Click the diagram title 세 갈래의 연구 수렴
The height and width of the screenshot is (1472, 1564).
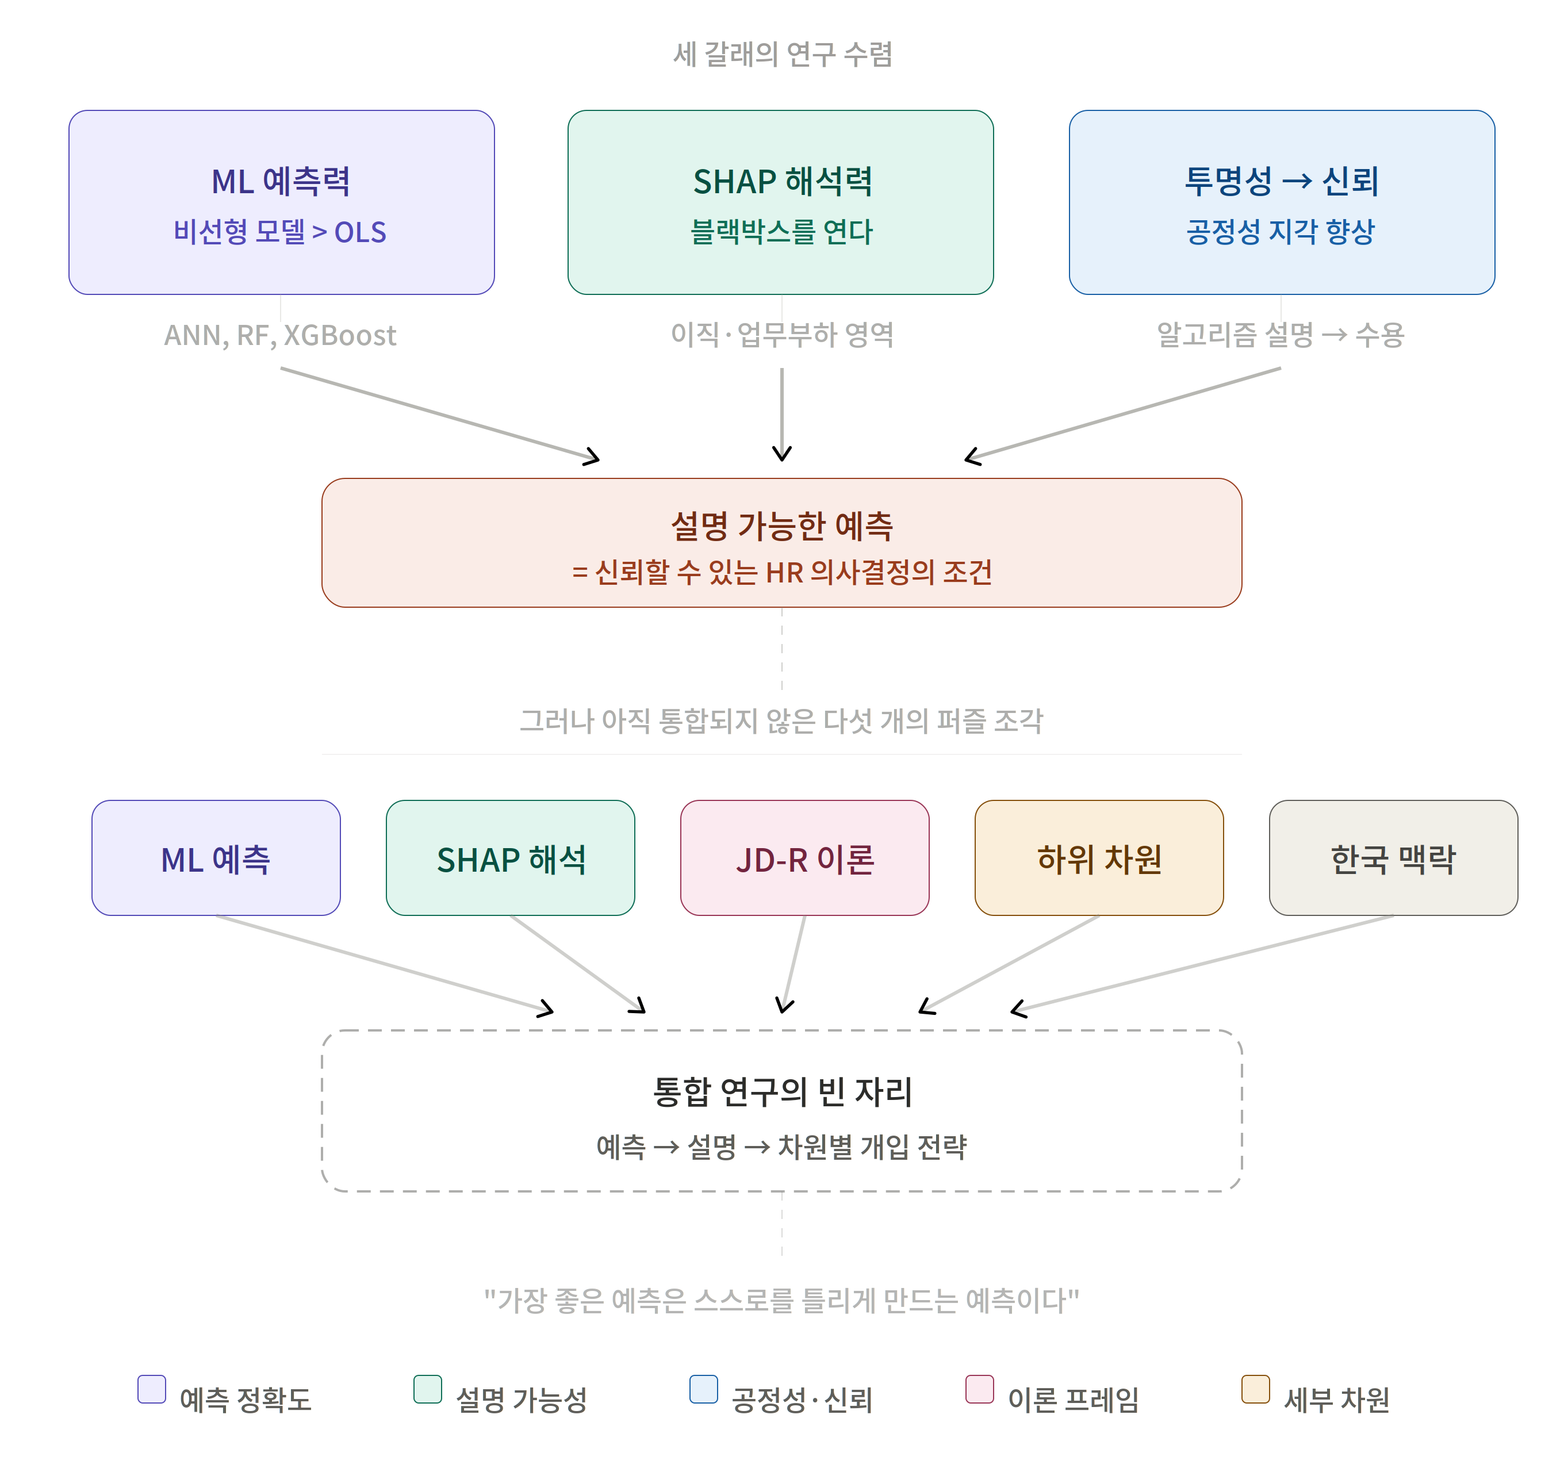pos(782,54)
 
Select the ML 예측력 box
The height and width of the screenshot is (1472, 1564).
pos(281,202)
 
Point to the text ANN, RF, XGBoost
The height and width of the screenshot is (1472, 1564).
pos(280,336)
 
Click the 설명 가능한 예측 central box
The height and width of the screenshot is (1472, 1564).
pos(781,543)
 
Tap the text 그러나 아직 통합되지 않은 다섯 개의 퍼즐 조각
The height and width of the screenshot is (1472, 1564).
pos(781,720)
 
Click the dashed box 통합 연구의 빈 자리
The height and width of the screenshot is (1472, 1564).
pos(781,1110)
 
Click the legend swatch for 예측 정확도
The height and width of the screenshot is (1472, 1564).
pos(152,1389)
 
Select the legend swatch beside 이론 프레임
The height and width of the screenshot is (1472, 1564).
pos(979,1389)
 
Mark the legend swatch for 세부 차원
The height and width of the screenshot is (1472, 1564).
pos(1256,1389)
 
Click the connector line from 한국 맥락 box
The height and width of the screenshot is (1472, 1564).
pos(1205,963)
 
